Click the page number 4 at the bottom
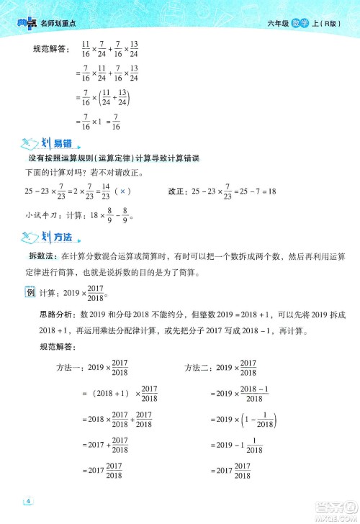29,501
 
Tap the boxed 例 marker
30,292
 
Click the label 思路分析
57,314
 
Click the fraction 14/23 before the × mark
105,191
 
